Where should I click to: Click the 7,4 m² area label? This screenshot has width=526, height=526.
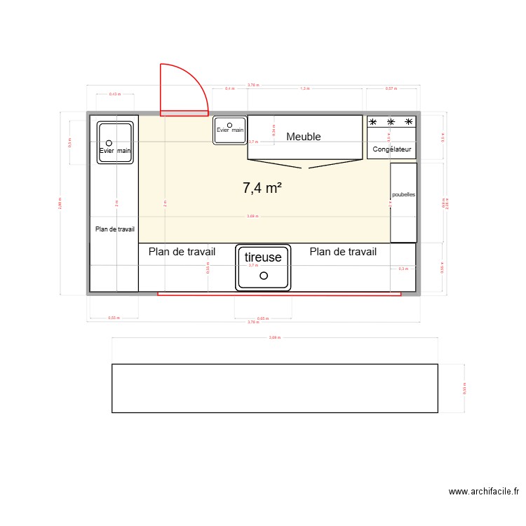(x=262, y=187)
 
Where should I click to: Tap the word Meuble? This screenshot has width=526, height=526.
(x=303, y=137)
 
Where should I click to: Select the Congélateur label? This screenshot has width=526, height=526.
(x=392, y=149)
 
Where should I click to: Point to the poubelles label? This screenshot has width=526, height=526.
(x=403, y=195)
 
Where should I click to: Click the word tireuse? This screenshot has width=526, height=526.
(x=263, y=257)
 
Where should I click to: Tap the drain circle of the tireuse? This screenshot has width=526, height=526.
(x=264, y=276)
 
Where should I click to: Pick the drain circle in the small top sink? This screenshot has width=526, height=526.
(x=230, y=124)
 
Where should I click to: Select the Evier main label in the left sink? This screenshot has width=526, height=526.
(x=115, y=150)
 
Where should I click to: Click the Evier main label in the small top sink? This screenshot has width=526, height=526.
(x=230, y=130)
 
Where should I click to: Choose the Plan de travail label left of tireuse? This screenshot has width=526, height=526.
(x=182, y=252)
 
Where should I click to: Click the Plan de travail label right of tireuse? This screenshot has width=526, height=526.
(x=343, y=252)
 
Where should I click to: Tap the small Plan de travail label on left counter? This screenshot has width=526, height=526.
(x=115, y=229)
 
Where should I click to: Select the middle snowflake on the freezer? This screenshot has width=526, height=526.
(x=391, y=123)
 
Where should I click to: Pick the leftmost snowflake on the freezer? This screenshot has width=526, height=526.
(x=373, y=123)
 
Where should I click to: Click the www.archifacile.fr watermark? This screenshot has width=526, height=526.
(x=484, y=492)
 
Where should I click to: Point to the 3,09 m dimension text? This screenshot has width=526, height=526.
(x=274, y=337)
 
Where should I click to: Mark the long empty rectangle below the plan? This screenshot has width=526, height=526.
(x=275, y=388)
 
